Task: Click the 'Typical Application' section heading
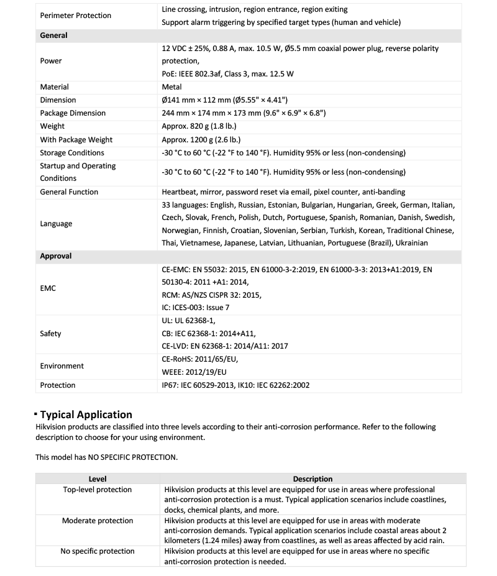(x=86, y=414)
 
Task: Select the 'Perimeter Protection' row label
(x=76, y=16)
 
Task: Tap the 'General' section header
(x=54, y=35)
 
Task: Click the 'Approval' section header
(x=56, y=256)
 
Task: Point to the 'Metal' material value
(x=171, y=87)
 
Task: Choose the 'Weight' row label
(x=52, y=126)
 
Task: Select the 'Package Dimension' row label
(x=73, y=113)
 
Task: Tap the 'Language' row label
(x=56, y=224)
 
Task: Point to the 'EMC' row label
(x=48, y=288)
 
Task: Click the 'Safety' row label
(x=50, y=334)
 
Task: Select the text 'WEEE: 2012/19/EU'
(x=194, y=372)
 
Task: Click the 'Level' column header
(x=98, y=479)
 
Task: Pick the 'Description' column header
(x=312, y=479)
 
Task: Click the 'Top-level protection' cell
(x=98, y=490)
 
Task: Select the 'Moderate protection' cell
(x=98, y=521)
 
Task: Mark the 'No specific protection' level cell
(x=98, y=551)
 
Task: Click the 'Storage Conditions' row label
(x=72, y=153)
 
